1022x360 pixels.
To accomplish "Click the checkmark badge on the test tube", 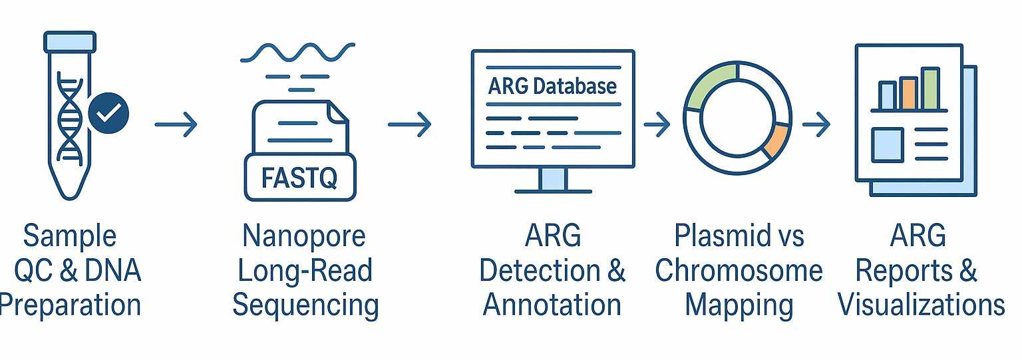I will click(108, 114).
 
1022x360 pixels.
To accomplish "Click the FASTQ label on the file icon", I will click(300, 178).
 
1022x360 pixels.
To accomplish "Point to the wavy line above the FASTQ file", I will click(297, 52).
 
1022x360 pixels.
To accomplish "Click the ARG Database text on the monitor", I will click(552, 86).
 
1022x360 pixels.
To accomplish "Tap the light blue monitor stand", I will click(552, 178).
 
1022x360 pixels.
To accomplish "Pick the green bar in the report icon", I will click(930, 88).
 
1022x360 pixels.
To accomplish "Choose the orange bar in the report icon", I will click(908, 93).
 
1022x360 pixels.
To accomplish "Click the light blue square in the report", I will click(887, 144).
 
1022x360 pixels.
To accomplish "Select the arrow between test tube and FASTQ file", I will click(176, 124).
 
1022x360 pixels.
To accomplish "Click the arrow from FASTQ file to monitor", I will click(410, 124).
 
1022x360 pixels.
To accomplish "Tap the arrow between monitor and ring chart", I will click(657, 124).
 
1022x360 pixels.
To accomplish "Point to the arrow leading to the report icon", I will click(816, 124).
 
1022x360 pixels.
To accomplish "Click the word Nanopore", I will click(303, 236).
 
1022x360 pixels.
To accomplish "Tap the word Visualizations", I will click(921, 305).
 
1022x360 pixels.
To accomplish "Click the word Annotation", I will click(552, 305).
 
